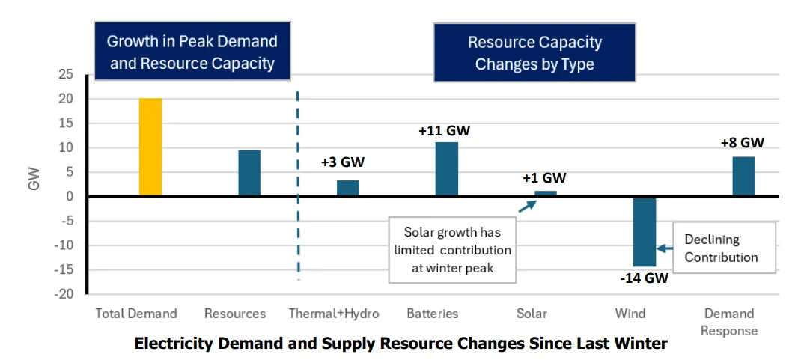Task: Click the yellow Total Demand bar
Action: [150, 147]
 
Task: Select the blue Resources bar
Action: [249, 173]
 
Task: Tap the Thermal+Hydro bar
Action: [347, 188]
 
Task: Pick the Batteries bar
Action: [447, 169]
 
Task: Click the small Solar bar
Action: [545, 193]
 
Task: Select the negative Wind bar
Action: [644, 232]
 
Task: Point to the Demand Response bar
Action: [743, 176]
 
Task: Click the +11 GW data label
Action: [445, 131]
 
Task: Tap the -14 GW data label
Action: [645, 279]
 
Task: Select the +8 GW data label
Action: [743, 142]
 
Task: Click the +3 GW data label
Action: [347, 162]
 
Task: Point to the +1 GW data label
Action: [544, 178]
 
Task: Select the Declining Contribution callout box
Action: [724, 248]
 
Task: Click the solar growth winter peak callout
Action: [452, 249]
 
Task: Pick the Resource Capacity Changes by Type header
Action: [534, 52]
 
